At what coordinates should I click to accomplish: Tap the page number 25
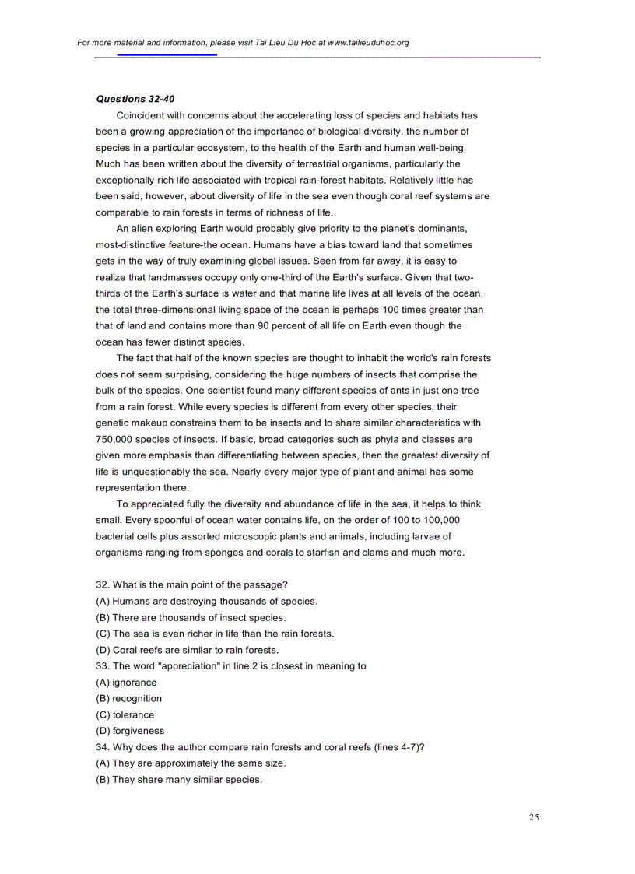[534, 817]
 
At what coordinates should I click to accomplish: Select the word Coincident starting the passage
[140, 116]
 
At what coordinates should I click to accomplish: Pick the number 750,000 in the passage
[118, 439]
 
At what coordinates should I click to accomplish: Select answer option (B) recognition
[128, 698]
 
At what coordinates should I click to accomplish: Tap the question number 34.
[102, 747]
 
